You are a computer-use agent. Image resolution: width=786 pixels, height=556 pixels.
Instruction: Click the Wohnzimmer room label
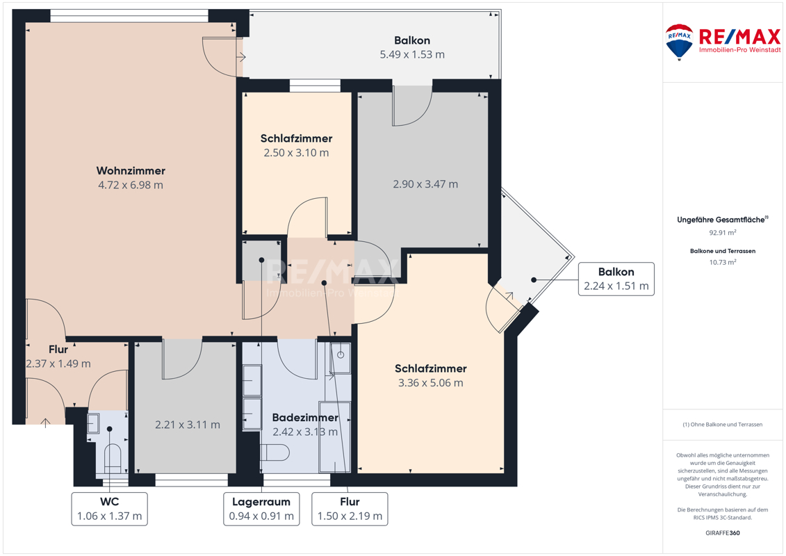131,171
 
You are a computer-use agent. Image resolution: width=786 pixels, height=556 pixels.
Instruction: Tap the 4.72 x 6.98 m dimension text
131,185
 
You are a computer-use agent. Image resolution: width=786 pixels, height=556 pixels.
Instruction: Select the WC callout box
109,509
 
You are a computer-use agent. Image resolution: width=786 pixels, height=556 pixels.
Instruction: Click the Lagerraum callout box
261,509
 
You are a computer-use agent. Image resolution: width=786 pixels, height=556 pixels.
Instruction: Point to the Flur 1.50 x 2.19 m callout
350,509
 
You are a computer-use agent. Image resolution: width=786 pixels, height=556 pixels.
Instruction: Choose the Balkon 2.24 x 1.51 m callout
616,279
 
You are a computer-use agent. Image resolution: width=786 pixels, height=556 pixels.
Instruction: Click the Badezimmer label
305,418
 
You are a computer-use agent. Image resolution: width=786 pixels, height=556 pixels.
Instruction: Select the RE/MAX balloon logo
679,42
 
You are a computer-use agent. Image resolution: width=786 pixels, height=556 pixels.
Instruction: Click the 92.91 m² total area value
722,233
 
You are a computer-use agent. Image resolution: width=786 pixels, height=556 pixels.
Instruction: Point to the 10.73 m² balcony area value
722,262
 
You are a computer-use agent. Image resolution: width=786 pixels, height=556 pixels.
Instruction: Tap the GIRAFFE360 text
722,533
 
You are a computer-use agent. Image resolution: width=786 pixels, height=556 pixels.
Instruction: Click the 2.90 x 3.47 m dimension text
425,184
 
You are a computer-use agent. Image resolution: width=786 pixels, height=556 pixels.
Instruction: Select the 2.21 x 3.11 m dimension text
188,425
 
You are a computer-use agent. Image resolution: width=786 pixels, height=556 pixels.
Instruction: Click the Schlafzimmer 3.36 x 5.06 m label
431,375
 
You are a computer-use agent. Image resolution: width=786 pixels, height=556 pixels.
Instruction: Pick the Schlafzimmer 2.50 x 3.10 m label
296,145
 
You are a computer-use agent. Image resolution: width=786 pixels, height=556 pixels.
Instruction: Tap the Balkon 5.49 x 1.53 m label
412,47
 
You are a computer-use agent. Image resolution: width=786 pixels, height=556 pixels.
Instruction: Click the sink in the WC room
93,423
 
